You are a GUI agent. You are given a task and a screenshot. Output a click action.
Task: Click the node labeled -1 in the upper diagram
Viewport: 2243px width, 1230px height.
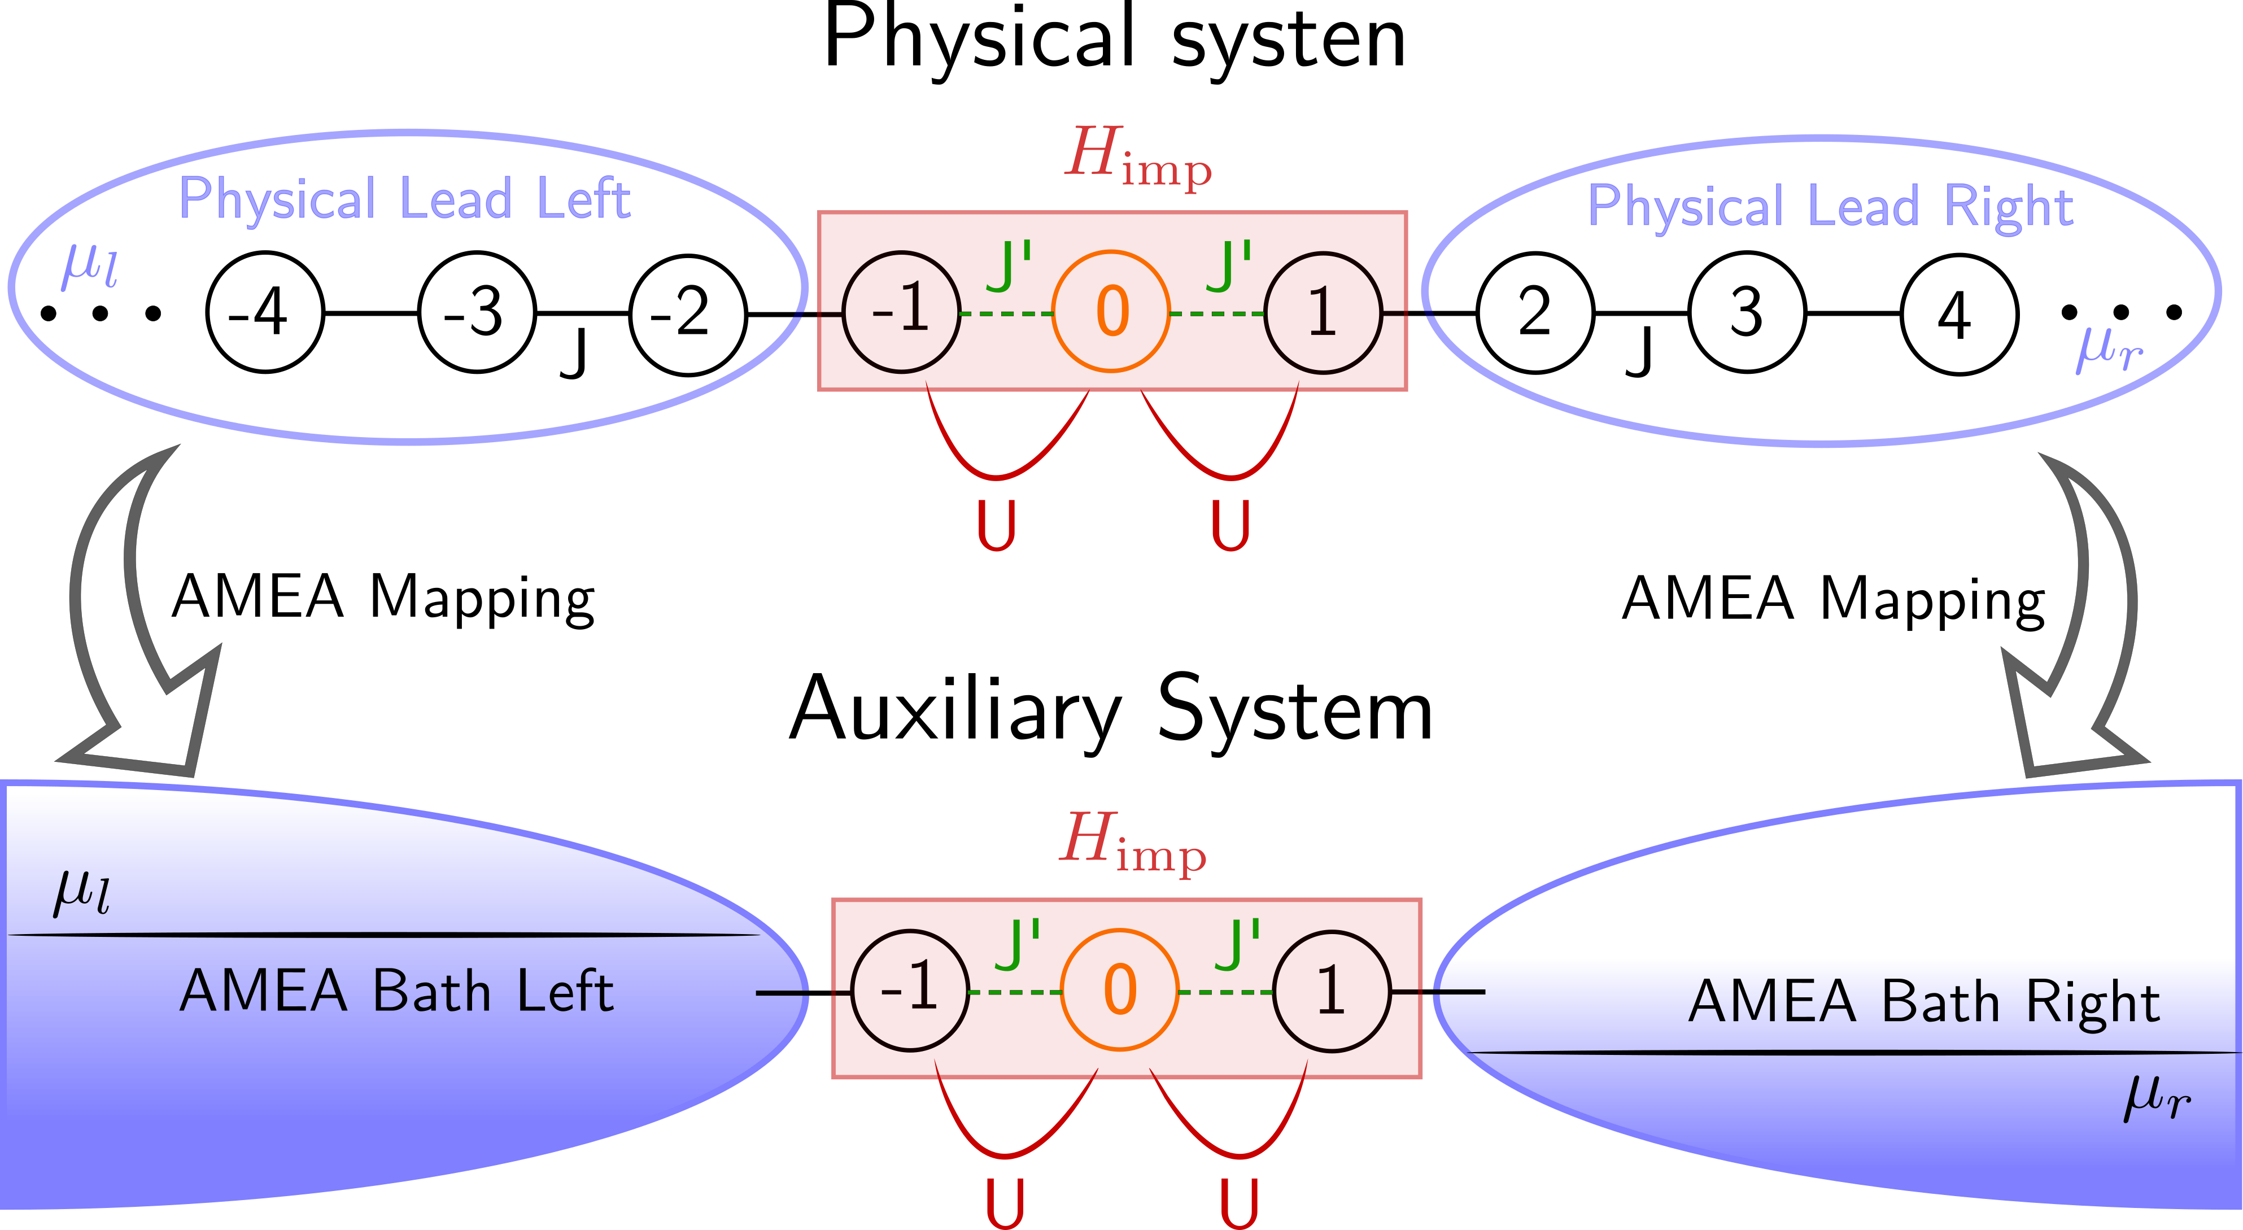pyautogui.click(x=901, y=312)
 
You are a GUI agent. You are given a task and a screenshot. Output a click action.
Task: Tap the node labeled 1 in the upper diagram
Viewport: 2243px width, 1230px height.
pyautogui.click(x=1322, y=312)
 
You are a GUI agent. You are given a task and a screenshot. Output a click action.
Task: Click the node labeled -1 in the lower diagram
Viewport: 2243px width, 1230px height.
pyautogui.click(x=910, y=991)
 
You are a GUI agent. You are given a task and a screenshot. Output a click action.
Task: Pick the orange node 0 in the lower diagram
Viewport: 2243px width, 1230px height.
pyautogui.click(x=1120, y=991)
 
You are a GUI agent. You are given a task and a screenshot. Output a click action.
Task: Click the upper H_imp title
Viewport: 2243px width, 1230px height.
pyautogui.click(x=1137, y=156)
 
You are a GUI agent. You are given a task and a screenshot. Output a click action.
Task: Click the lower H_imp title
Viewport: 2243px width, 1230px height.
pyautogui.click(x=1132, y=843)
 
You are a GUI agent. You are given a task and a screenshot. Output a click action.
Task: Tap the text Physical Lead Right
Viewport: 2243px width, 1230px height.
pyautogui.click(x=1830, y=208)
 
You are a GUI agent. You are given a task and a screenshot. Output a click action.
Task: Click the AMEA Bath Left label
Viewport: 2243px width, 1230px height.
pyautogui.click(x=396, y=992)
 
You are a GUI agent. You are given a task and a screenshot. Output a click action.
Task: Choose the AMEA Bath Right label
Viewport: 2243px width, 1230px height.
pyautogui.click(x=1923, y=1002)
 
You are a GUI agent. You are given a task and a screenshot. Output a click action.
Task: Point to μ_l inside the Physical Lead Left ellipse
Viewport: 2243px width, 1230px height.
pyautogui.click(x=89, y=265)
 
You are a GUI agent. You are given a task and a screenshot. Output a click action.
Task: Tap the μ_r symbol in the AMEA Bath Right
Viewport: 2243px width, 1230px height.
pyautogui.click(x=2157, y=1098)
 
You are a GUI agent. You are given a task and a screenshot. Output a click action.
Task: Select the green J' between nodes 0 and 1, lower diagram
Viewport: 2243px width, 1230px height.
pyautogui.click(x=1237, y=944)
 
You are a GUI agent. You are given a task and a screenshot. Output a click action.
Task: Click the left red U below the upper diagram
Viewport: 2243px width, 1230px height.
pyautogui.click(x=996, y=525)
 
